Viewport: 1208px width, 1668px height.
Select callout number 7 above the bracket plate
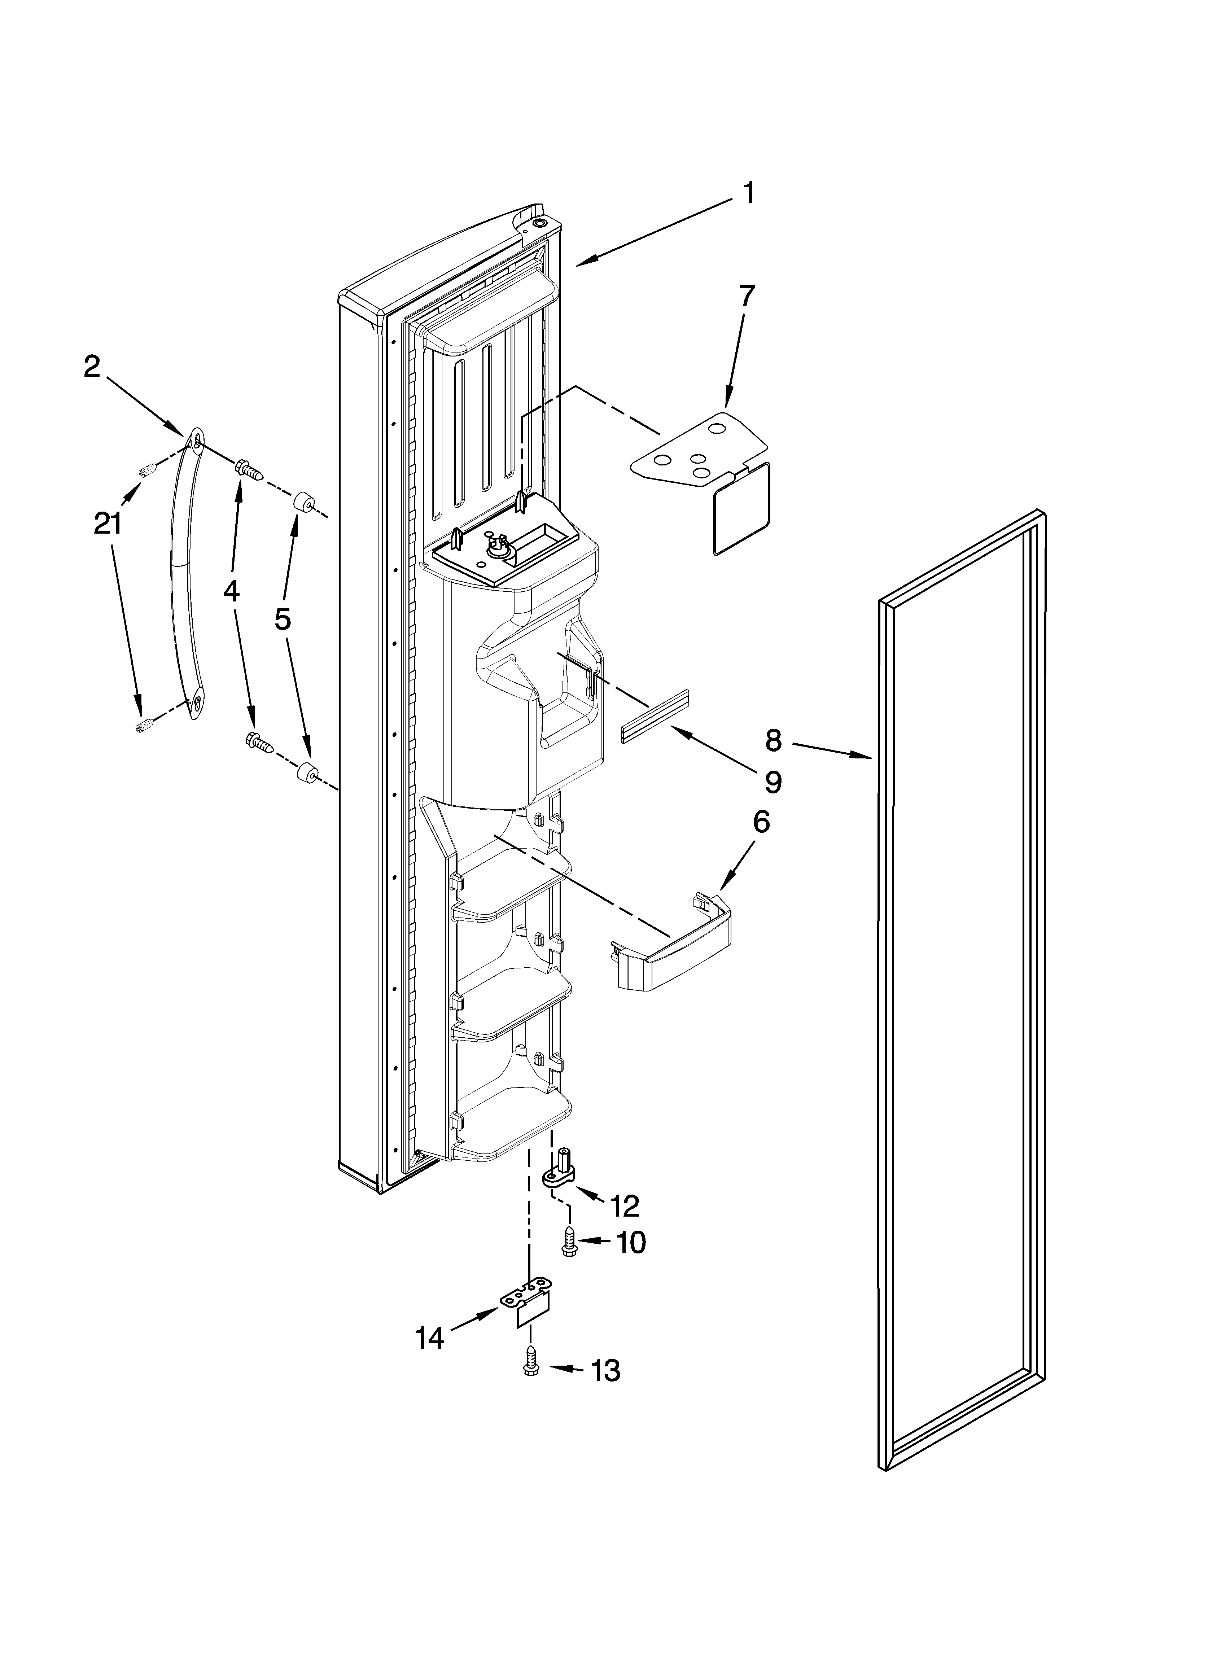(746, 295)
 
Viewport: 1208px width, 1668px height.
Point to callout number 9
(772, 783)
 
